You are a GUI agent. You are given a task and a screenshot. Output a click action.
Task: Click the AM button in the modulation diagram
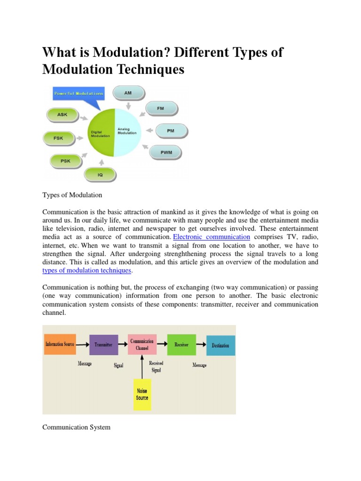[128, 93]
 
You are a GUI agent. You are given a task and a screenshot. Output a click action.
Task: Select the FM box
[161, 109]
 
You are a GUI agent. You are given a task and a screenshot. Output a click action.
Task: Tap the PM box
[170, 131]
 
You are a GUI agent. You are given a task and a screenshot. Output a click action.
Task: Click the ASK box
[62, 114]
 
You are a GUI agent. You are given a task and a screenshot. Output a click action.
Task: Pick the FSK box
[58, 138]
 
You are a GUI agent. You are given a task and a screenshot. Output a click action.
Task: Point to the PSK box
[65, 161]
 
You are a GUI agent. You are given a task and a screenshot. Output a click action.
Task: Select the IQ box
[99, 175]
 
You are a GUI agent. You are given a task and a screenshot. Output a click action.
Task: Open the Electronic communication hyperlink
[212, 236]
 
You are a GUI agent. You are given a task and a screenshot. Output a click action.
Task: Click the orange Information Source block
[60, 344]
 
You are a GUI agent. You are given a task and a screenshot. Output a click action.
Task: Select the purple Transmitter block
[103, 344]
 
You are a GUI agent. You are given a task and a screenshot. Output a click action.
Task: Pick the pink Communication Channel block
[141, 344]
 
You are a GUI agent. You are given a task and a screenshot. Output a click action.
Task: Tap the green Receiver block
[181, 344]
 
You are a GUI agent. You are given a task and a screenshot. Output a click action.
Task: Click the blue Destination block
[220, 345]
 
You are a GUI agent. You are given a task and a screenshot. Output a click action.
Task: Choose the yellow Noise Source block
[142, 395]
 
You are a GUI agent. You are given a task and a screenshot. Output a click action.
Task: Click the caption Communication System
[77, 427]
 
